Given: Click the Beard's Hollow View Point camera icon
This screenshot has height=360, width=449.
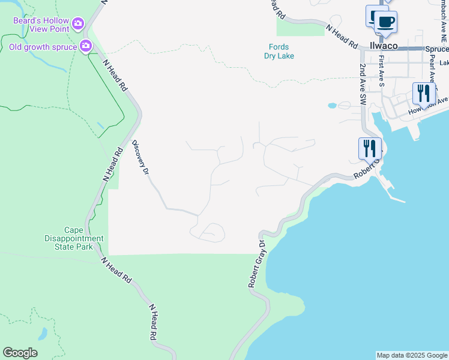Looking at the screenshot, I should click(78, 25).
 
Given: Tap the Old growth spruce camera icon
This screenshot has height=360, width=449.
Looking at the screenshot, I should click(86, 46).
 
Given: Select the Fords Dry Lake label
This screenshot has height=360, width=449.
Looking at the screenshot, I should click(279, 52).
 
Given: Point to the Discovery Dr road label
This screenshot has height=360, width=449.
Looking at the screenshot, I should click(140, 158).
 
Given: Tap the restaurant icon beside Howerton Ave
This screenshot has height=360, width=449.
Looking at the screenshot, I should click(424, 94).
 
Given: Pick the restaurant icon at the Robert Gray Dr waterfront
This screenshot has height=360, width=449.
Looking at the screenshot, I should click(370, 148).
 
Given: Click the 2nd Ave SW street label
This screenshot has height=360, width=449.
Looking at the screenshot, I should click(363, 85).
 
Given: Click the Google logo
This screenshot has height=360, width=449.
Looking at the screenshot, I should click(20, 353).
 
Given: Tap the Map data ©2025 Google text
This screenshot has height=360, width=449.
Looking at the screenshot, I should click(412, 355).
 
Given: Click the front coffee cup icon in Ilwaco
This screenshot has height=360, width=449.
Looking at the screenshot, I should click(386, 23).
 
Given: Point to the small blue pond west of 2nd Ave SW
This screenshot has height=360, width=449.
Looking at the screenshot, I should click(332, 106).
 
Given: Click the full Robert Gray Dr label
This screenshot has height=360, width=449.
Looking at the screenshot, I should click(257, 264).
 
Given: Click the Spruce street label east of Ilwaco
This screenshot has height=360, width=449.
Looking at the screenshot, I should click(437, 49).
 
